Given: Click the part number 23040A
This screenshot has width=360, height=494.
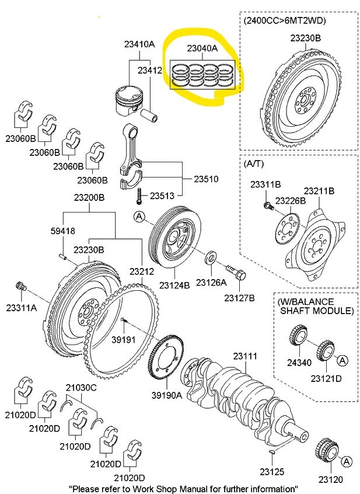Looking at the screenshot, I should pyautogui.click(x=201, y=49).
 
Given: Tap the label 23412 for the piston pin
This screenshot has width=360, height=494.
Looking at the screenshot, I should pyautogui.click(x=149, y=70).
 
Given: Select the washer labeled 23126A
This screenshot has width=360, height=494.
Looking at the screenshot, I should pyautogui.click(x=211, y=256).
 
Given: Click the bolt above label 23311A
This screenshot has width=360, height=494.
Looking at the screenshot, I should pyautogui.click(x=21, y=287).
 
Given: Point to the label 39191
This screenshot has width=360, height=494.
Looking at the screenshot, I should pyautogui.click(x=123, y=338).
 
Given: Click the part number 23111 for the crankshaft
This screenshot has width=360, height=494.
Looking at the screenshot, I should pyautogui.click(x=245, y=356).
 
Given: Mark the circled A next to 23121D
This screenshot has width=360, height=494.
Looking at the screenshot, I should pyautogui.click(x=342, y=360).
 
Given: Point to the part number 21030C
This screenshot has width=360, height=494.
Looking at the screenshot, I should pyautogui.click(x=81, y=387).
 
